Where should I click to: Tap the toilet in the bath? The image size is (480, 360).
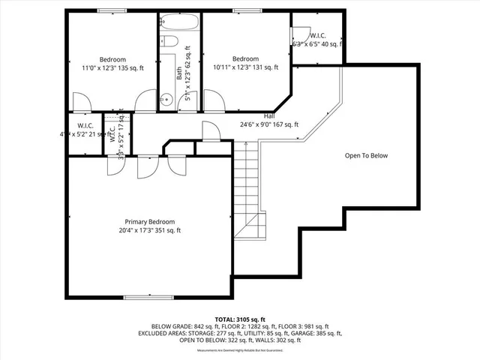(x=169, y=42)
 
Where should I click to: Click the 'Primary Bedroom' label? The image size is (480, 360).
(x=149, y=222)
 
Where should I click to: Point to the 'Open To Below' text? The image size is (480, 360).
(x=366, y=156)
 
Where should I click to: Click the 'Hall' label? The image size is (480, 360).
(x=269, y=116)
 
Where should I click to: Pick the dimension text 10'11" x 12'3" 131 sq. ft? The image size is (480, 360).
(x=246, y=67)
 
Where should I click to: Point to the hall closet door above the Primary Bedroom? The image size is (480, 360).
(x=211, y=133)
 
